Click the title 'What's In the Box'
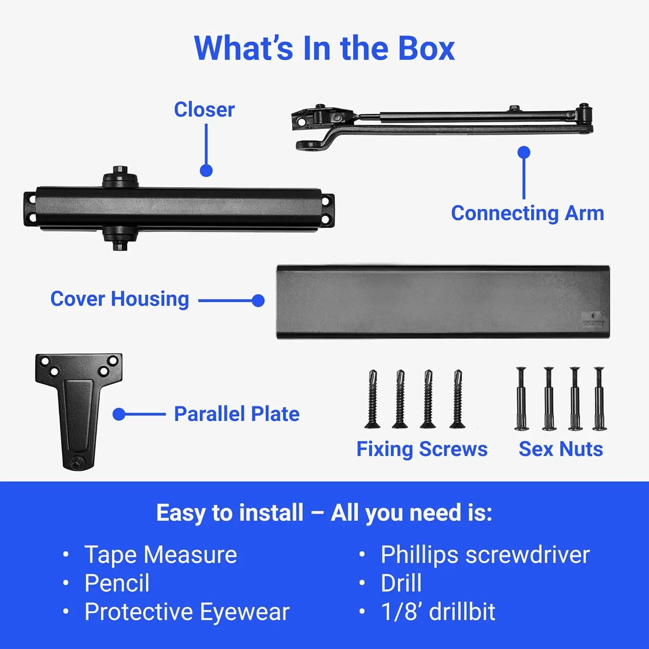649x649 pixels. click(x=324, y=48)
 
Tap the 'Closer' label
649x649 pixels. click(x=204, y=109)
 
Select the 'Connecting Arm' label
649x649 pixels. click(x=527, y=213)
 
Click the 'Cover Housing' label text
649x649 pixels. click(x=120, y=299)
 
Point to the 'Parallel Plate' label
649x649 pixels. click(x=237, y=414)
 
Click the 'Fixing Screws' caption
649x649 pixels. click(x=422, y=449)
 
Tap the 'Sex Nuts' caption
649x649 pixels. click(x=561, y=449)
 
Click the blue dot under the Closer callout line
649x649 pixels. click(x=206, y=170)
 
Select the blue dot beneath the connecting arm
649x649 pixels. click(x=524, y=152)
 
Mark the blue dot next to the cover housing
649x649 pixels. click(x=258, y=301)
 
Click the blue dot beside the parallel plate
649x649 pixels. click(x=119, y=414)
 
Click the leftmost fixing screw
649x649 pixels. click(x=373, y=399)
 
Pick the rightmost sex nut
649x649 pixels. click(x=599, y=398)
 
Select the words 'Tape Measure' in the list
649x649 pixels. click(x=161, y=555)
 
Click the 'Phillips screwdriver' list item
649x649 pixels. click(x=485, y=555)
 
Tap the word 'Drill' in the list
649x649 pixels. click(x=401, y=583)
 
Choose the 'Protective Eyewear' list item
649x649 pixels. click(x=187, y=612)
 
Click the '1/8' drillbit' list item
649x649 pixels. click(x=438, y=612)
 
